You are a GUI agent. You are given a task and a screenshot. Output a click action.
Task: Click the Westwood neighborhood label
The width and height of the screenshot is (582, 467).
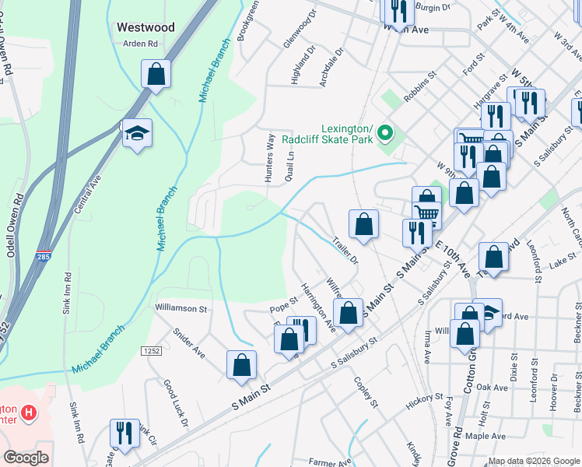145,27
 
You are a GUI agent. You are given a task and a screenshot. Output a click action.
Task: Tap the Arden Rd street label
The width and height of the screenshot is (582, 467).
140,44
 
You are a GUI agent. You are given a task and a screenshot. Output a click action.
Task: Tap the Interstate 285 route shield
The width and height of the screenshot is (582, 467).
44,255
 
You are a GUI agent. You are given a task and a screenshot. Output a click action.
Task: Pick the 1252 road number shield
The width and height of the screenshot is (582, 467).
151,352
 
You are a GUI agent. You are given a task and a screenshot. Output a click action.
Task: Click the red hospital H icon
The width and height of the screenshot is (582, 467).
29,412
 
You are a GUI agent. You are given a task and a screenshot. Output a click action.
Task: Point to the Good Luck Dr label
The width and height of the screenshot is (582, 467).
175,403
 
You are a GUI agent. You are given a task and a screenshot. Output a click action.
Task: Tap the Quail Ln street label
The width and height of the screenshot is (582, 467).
291,164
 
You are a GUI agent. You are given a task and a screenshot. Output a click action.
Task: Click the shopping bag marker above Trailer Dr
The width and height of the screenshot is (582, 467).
363,225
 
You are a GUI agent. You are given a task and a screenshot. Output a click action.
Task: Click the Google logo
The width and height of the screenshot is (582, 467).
26,457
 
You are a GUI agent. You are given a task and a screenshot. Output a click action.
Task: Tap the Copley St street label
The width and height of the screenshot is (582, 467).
365,392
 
